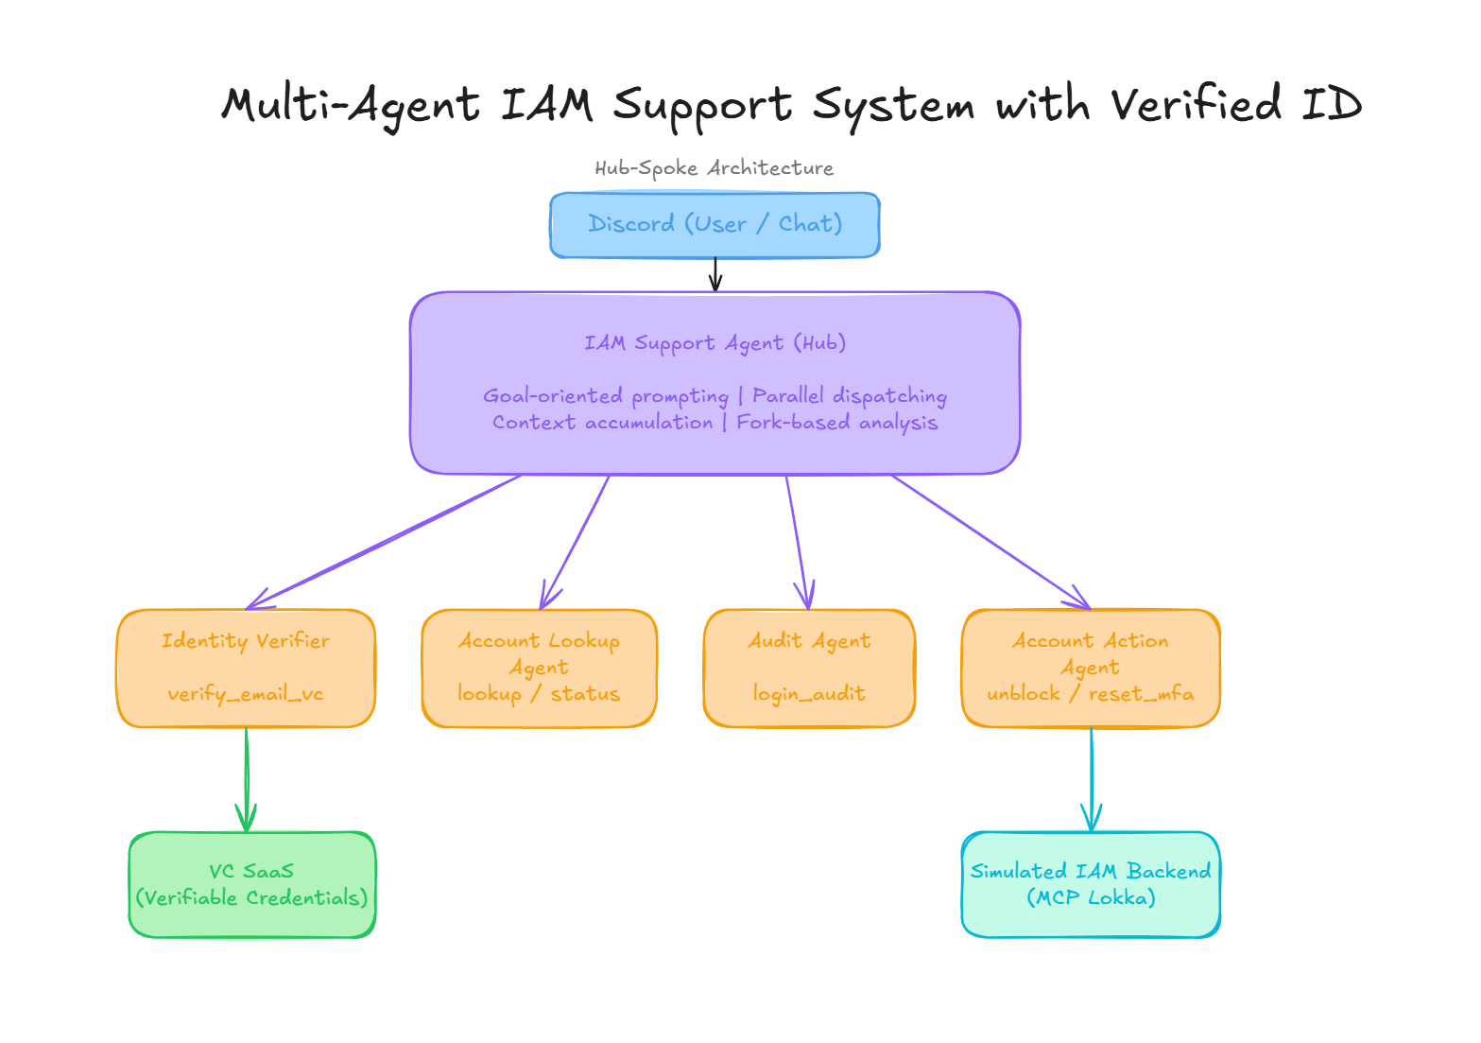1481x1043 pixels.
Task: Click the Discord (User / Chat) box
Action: coord(715,225)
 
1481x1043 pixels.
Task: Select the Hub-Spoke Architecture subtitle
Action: coord(714,168)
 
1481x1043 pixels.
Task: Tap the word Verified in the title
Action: coord(1196,103)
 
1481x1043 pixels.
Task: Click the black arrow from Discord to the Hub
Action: coord(715,274)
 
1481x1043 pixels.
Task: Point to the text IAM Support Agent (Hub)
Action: coord(715,343)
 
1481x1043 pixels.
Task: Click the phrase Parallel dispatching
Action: coord(849,396)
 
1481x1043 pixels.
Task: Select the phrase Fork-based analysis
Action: coord(836,423)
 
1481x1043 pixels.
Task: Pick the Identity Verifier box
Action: coord(246,668)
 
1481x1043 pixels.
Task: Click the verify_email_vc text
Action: coord(246,694)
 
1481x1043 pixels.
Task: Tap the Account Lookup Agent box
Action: coord(539,668)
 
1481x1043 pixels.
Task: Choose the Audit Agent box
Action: coord(809,668)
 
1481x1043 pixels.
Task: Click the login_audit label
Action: coord(809,694)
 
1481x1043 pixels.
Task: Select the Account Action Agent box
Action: coord(1091,668)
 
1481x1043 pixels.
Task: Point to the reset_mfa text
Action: coord(1141,694)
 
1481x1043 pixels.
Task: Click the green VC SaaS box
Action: coord(252,884)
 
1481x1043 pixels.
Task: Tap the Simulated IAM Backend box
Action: coord(1091,884)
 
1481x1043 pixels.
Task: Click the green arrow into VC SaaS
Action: coord(247,779)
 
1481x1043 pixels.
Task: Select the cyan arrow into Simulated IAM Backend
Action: coord(1092,779)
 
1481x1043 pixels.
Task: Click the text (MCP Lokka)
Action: coord(1091,897)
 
